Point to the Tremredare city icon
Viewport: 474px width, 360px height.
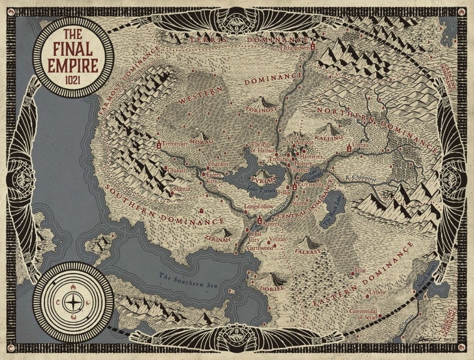point(159,145)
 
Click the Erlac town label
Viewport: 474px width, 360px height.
point(361,271)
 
